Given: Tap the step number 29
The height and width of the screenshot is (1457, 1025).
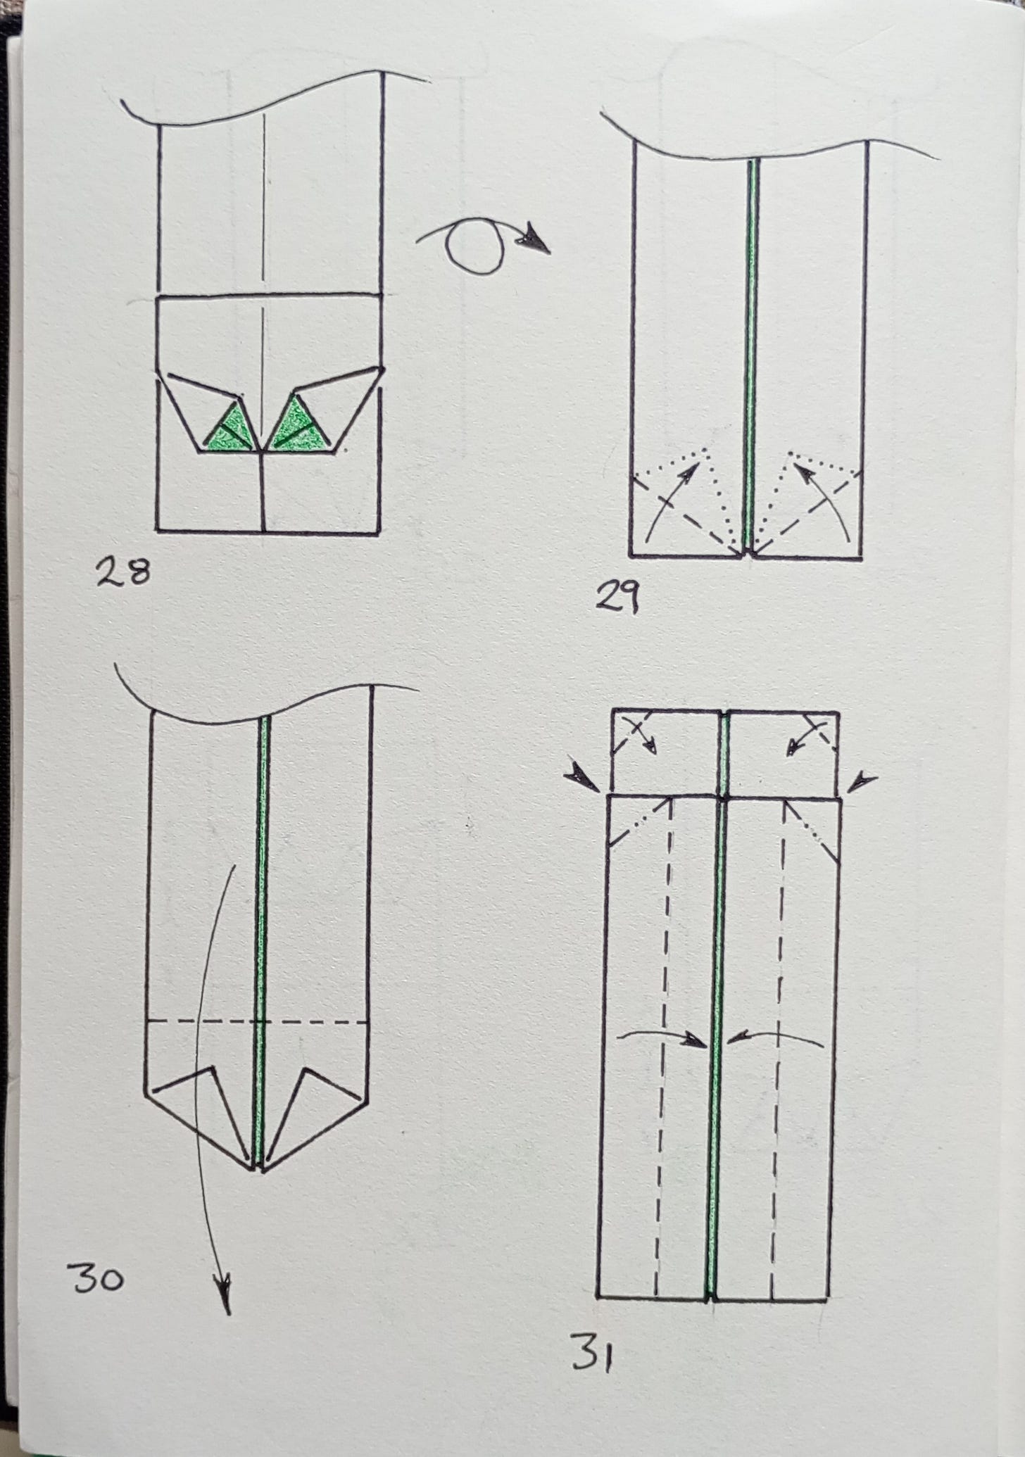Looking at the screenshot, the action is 617,600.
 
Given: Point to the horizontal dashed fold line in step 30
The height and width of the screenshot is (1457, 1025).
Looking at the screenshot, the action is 259,1022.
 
